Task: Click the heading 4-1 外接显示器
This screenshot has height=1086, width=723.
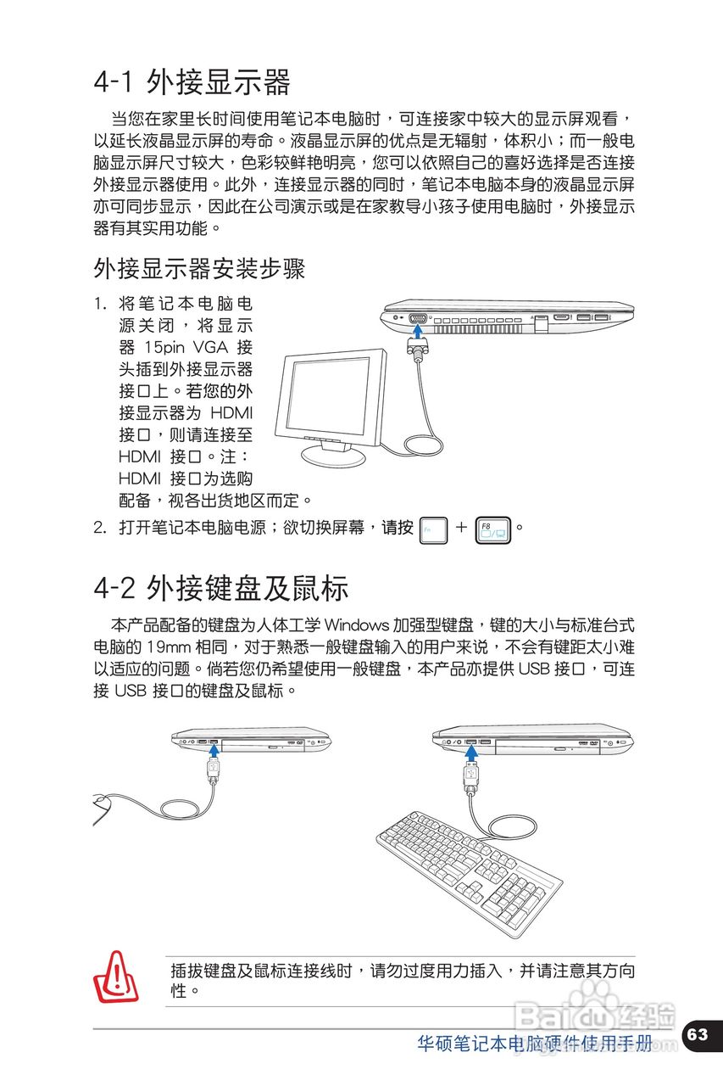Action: click(x=192, y=82)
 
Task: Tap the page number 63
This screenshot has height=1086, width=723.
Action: click(x=698, y=1035)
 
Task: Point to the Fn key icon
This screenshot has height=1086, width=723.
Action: click(x=432, y=529)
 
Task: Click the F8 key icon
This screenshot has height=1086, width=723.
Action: click(x=492, y=530)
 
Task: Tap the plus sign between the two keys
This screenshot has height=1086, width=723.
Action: click(x=461, y=528)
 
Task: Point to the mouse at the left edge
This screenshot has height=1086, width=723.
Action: click(x=100, y=809)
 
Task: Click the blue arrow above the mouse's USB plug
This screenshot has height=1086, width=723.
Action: click(x=214, y=749)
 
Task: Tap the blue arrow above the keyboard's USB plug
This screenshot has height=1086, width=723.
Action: click(x=471, y=750)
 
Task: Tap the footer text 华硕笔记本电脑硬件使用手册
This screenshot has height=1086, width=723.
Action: click(x=535, y=1043)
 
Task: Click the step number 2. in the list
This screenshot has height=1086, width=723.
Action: click(x=100, y=528)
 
